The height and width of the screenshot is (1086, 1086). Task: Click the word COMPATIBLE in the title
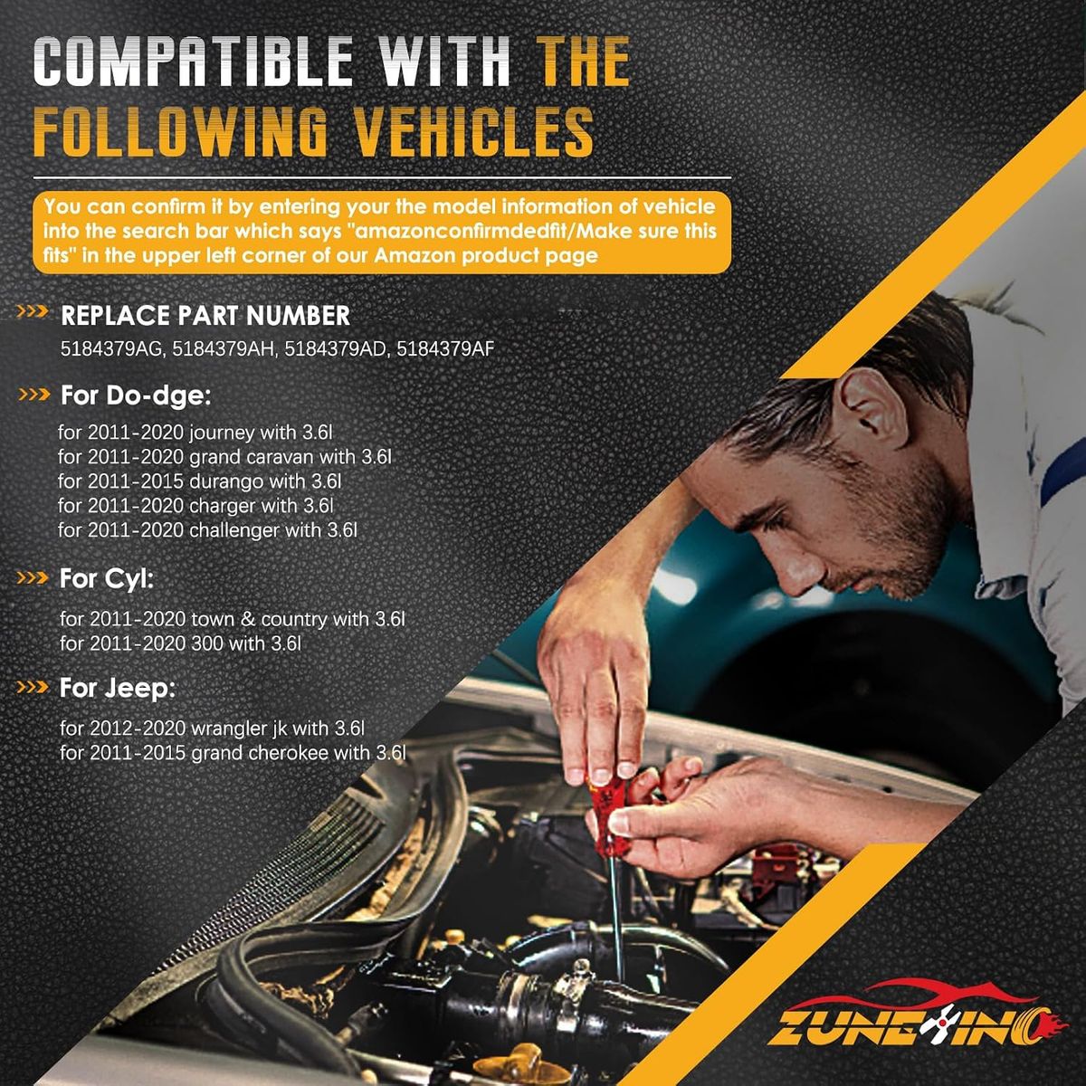pos(194,62)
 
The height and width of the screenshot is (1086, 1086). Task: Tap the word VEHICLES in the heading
pos(476,130)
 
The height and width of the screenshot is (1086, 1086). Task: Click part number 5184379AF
pos(445,349)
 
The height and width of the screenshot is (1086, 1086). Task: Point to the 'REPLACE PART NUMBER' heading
pos(205,316)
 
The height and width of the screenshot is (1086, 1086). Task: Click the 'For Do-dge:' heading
pos(135,395)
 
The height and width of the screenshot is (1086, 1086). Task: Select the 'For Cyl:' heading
pos(107,579)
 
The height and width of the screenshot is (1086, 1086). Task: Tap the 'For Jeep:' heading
pos(118,688)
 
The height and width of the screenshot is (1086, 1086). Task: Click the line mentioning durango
pos(199,481)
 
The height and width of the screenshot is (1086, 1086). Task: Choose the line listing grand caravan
pos(224,456)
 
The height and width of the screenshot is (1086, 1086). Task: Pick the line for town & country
pos(233,619)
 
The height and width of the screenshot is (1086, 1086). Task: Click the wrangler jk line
pos(212,729)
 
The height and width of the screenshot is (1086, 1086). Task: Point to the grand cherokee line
pos(233,753)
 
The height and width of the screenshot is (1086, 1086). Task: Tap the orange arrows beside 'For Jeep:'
pos(33,688)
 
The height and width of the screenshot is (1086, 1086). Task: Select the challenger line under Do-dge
pos(207,530)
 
